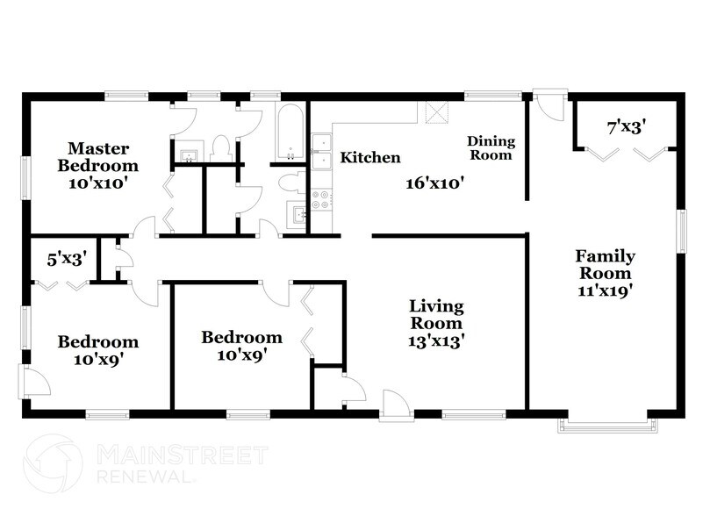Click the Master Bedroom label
[x=98, y=156]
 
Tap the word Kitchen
[x=370, y=158]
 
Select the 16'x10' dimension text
[x=434, y=183]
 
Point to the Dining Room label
[x=491, y=147]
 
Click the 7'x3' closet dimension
[x=627, y=127]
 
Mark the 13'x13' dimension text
[x=436, y=340]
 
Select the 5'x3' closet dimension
[x=65, y=260]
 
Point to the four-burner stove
[x=322, y=200]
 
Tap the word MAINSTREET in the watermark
[x=181, y=455]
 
